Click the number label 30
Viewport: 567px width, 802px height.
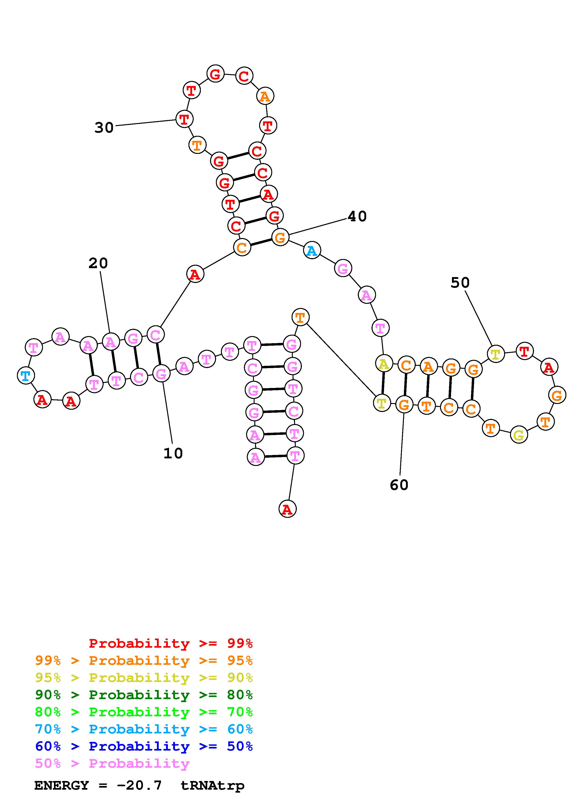pos(104,128)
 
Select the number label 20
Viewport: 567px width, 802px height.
pos(98,263)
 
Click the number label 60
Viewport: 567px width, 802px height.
pos(399,485)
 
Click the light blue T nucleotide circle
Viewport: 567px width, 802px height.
pos(26,376)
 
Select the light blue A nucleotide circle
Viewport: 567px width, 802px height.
pos(312,251)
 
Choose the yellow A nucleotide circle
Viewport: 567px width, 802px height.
pos(384,364)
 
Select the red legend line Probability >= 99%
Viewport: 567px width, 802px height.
pos(170,643)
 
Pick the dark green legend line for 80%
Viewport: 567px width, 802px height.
pos(144,695)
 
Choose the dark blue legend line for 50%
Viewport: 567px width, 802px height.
pos(144,746)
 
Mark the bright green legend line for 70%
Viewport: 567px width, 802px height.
pos(144,712)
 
